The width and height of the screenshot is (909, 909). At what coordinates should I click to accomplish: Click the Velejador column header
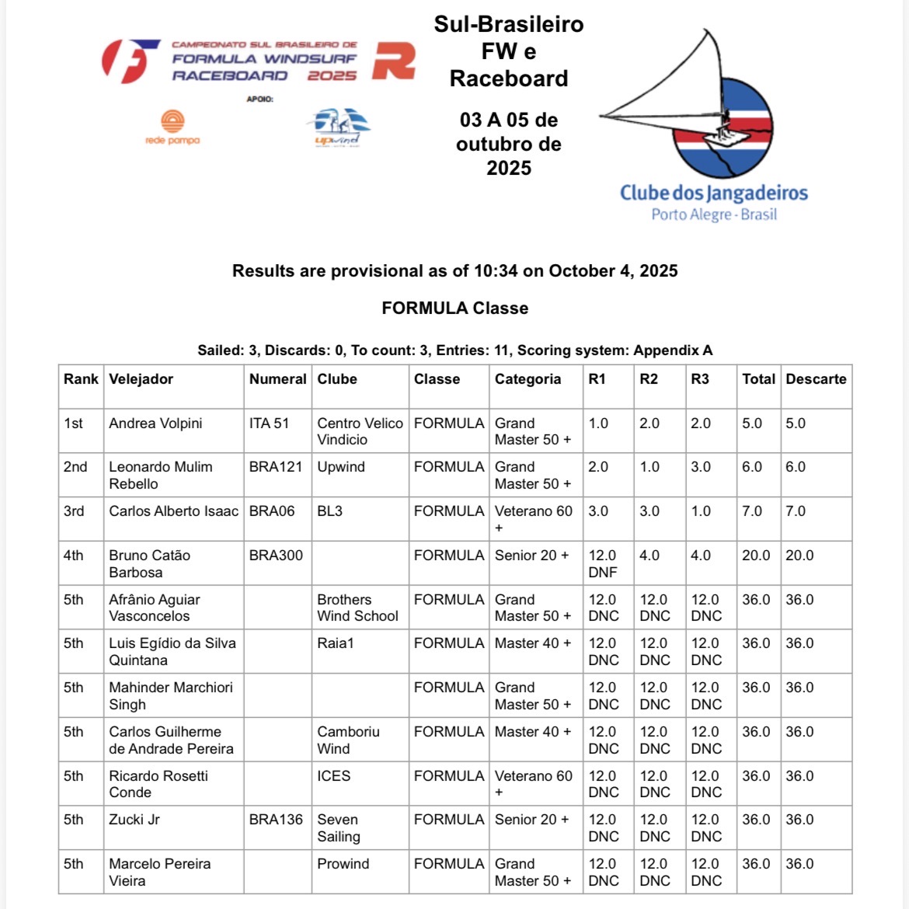point(141,379)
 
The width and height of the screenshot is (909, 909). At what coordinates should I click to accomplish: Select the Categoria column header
point(528,379)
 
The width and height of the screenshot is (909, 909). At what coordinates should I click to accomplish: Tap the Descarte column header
point(815,379)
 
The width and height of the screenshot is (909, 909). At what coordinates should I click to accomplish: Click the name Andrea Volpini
point(155,423)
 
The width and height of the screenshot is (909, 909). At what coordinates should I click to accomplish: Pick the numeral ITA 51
point(269,423)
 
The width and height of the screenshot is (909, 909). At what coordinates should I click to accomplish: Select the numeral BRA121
point(276,467)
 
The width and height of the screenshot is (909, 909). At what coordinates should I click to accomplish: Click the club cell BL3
point(329,511)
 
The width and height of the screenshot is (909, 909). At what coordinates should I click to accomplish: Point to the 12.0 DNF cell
point(603,564)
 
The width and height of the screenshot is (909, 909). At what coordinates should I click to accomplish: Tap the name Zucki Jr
point(134,820)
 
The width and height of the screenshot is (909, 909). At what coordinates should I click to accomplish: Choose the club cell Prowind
point(343,864)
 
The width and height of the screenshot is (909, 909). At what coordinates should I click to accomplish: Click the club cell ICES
point(333,775)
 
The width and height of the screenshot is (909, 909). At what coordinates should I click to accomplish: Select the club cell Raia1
point(336,643)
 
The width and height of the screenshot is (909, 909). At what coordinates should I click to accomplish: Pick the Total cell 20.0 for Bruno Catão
point(756,555)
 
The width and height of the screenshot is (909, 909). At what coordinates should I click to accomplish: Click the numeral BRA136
point(276,820)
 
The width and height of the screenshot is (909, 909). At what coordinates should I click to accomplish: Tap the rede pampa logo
point(172,127)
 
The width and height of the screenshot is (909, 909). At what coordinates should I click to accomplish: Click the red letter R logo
point(393,61)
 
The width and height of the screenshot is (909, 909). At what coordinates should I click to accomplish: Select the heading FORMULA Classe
point(454,308)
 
